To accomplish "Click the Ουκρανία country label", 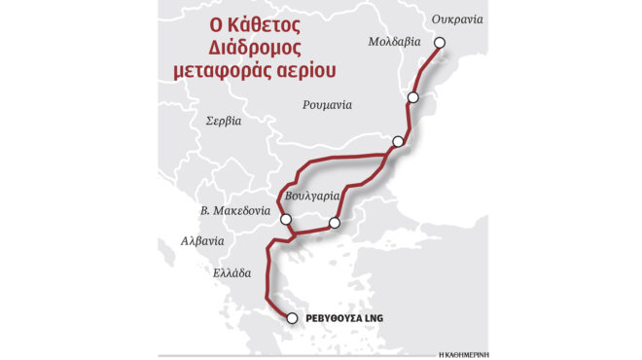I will coord(457,19).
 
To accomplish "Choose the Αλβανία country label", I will coord(202,240).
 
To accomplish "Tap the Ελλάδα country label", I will coord(232,272).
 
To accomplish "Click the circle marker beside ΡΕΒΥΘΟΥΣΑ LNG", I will coord(291,317).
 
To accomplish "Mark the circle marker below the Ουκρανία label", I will coord(439,43).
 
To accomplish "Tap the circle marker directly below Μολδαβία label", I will coord(413,97).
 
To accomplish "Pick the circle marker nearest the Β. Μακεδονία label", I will coord(285,220).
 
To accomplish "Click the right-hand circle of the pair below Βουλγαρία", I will coord(334,224).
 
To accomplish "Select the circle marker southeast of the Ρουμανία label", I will coord(397,142).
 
